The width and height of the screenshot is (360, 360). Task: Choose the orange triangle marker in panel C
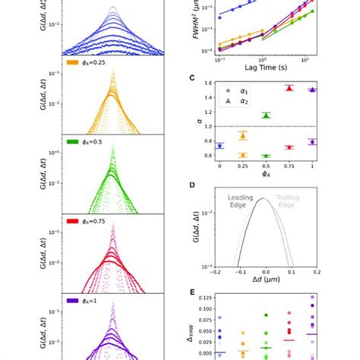pos(242,135)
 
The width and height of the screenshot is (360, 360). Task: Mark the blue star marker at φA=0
pos(220,145)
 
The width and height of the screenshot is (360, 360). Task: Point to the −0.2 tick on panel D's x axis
pos(216,269)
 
